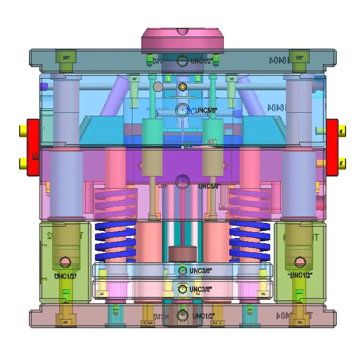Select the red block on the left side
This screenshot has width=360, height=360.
click(32, 147)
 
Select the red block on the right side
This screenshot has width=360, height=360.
click(332, 147)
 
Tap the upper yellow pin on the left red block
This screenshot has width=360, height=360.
click(23, 131)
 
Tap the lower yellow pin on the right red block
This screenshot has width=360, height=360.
click(342, 163)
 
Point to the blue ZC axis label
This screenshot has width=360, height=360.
click(190, 111)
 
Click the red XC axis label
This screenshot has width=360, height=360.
click(212, 141)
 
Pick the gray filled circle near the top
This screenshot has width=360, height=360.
click(157, 87)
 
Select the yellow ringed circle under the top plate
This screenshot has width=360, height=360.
click(183, 87)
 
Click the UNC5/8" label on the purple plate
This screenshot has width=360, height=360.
click(209, 186)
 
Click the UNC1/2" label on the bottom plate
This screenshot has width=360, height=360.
click(203, 315)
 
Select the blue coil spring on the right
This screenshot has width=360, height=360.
click(250, 241)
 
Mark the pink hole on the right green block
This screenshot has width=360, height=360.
click(299, 262)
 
